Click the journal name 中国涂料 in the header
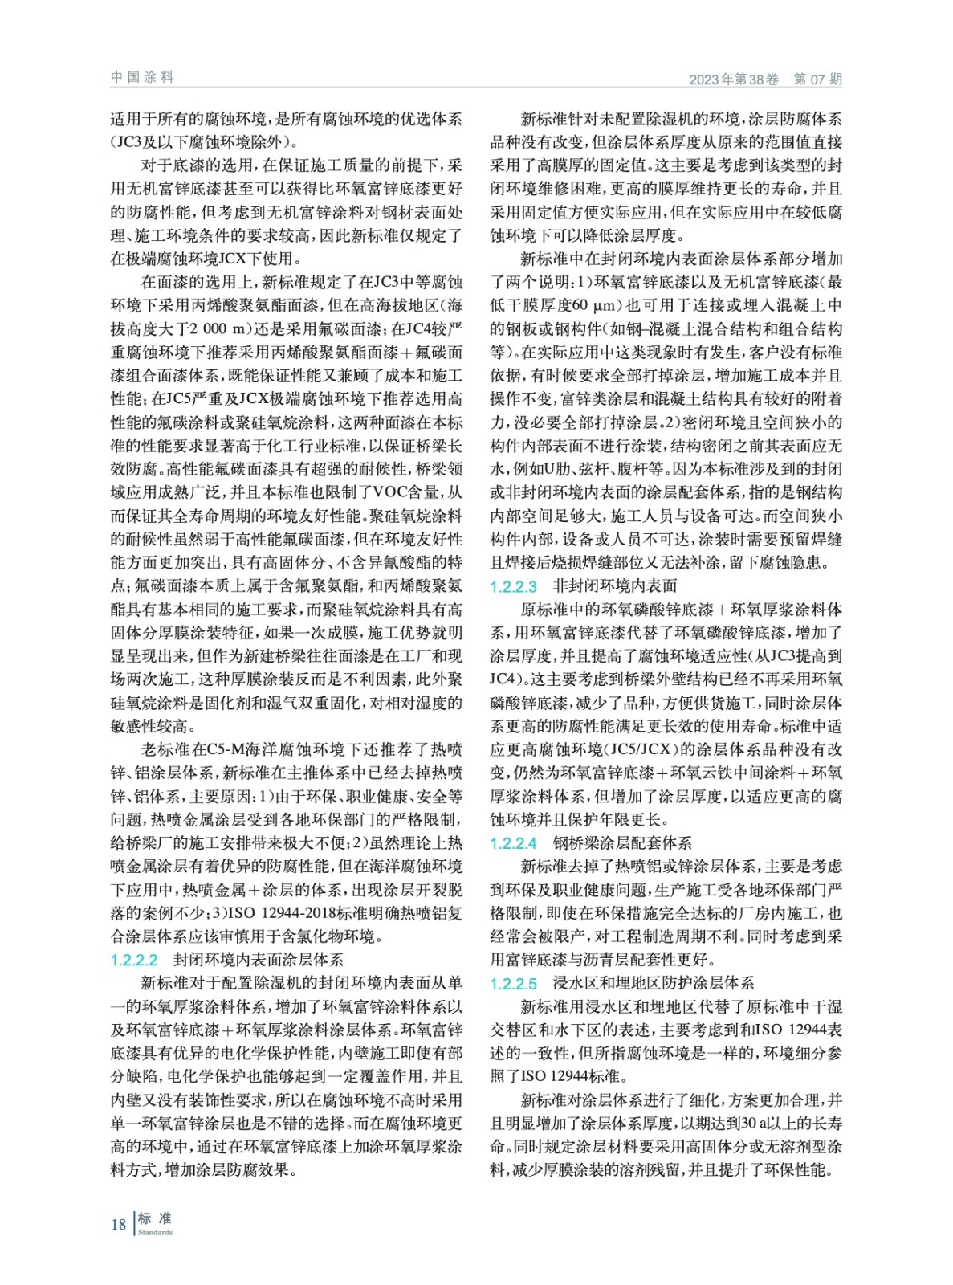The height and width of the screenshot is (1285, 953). (x=142, y=77)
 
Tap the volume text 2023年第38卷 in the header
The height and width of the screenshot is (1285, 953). (x=734, y=80)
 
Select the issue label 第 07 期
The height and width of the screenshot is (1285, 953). (x=817, y=80)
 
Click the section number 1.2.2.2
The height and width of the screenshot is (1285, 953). (x=134, y=961)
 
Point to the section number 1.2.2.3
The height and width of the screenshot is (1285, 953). (x=514, y=587)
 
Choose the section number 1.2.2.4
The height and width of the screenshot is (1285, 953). (x=514, y=844)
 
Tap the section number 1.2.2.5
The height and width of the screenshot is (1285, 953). (x=514, y=984)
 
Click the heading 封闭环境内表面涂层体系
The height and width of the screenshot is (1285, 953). (x=259, y=960)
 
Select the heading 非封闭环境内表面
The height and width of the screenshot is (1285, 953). (x=615, y=586)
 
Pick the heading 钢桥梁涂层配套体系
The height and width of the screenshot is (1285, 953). (x=622, y=843)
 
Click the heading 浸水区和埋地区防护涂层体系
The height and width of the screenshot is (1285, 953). (x=654, y=983)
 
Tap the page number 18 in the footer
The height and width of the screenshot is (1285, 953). (x=118, y=1224)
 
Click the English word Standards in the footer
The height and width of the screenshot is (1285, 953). (x=155, y=1232)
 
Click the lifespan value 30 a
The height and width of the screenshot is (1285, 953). (x=751, y=1124)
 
